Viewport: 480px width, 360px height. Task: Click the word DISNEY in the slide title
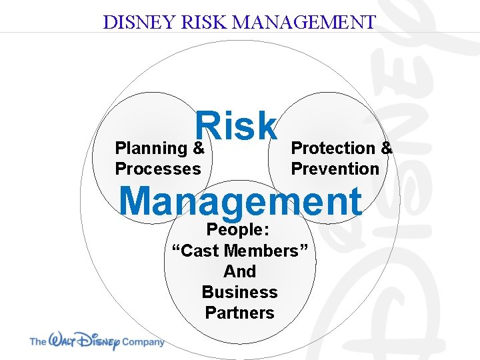137,22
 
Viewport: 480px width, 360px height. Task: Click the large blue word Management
240,201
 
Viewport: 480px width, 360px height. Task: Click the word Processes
158,169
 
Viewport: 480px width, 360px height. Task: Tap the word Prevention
335,169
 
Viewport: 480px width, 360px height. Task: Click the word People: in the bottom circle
238,230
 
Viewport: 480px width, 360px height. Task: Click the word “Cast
197,251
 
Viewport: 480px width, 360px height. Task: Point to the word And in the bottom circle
239,271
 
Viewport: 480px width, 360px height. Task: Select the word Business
239,292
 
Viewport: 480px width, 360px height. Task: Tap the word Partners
239,313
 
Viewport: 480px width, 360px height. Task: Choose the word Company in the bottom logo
142,342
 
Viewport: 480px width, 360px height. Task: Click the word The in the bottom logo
37,342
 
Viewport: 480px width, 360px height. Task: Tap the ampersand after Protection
387,148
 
